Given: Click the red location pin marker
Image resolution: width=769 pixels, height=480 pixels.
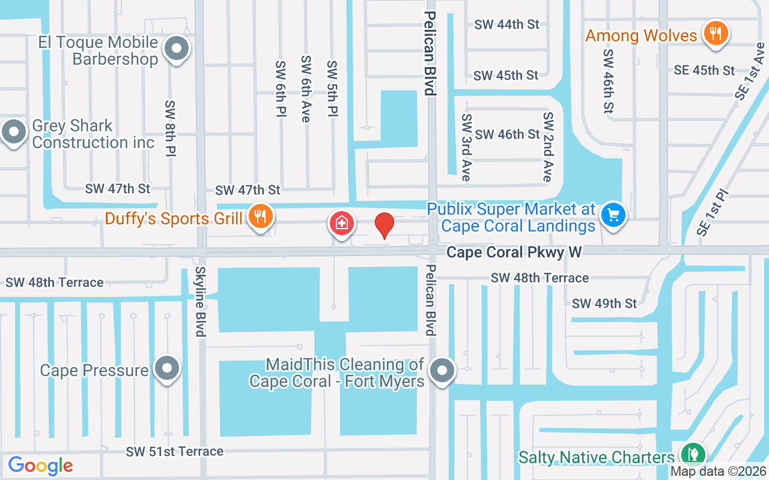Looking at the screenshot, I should pyautogui.click(x=384, y=226).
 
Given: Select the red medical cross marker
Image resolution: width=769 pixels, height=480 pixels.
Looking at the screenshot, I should pyautogui.click(x=341, y=224).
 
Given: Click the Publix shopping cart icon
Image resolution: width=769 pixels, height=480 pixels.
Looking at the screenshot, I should pyautogui.click(x=613, y=214).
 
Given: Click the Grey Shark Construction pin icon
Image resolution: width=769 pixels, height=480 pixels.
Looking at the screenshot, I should pyautogui.click(x=13, y=131).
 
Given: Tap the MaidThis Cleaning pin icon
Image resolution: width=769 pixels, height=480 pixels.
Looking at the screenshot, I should pyautogui.click(x=443, y=370).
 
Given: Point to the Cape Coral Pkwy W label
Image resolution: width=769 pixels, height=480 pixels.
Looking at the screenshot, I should pyautogui.click(x=514, y=252).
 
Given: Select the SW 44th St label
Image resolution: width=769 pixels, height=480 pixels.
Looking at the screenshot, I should pyautogui.click(x=506, y=25).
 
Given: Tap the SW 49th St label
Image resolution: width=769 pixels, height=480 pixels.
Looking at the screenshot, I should pyautogui.click(x=604, y=304).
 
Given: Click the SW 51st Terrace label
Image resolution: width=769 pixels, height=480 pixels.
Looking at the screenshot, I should pyautogui.click(x=175, y=451).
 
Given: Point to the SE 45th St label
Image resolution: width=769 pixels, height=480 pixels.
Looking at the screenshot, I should pyautogui.click(x=704, y=70).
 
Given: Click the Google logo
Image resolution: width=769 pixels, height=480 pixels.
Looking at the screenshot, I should pyautogui.click(x=40, y=466).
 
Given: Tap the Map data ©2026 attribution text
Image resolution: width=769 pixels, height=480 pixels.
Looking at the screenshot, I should pyautogui.click(x=718, y=472).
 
